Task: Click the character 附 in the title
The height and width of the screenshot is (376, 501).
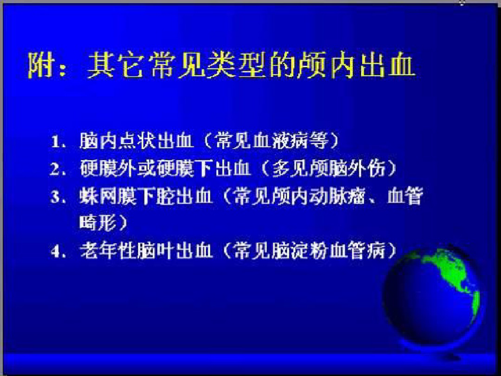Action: [x=40, y=65]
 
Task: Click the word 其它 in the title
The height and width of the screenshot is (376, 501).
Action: [x=115, y=65]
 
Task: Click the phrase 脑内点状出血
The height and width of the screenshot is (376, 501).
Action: [x=137, y=141]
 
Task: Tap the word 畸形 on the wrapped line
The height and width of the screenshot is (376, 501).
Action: [x=98, y=222]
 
